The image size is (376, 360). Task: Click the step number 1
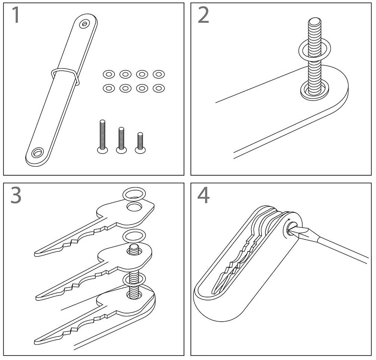(16, 15)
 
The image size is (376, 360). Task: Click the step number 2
(203, 15)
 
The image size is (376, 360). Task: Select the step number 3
(16, 195)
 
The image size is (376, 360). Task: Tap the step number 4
(203, 195)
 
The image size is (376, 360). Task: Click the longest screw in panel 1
(102, 136)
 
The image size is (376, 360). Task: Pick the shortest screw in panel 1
(140, 143)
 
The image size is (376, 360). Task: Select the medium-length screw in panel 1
(121, 140)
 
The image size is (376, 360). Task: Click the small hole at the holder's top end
(84, 24)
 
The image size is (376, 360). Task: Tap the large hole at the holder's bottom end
(37, 152)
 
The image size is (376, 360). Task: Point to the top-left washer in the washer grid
(109, 74)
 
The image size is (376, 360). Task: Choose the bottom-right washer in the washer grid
(159, 88)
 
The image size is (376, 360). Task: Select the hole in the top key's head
(134, 206)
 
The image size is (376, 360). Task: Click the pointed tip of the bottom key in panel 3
(35, 342)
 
